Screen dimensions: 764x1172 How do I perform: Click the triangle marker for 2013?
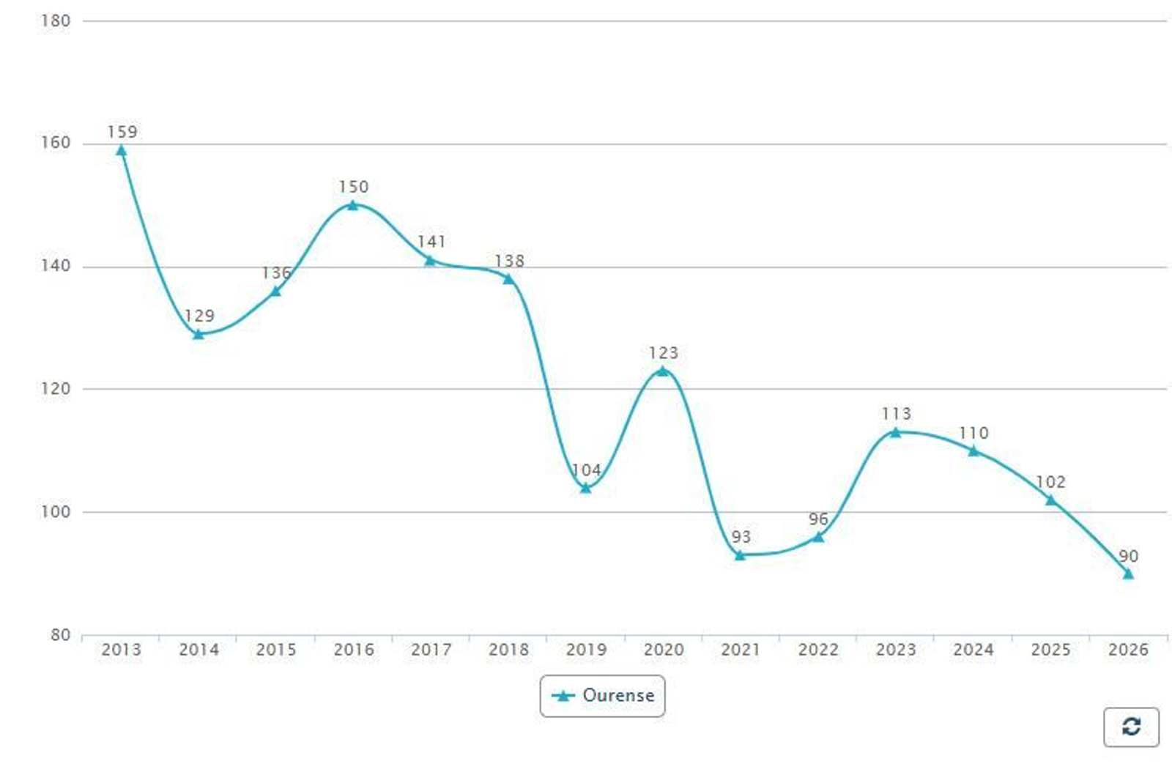pyautogui.click(x=122, y=151)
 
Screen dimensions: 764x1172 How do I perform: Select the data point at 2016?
pyautogui.click(x=353, y=205)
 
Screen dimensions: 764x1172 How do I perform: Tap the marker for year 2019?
pyautogui.click(x=585, y=488)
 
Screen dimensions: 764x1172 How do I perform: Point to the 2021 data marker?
pyautogui.click(x=740, y=555)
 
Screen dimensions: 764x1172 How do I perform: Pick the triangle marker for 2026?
pyautogui.click(x=1128, y=574)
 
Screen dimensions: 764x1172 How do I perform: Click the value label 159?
pyautogui.click(x=122, y=132)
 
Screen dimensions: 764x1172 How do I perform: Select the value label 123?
pyautogui.click(x=663, y=353)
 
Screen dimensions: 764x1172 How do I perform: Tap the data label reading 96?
pyautogui.click(x=818, y=519)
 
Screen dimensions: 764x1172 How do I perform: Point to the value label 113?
pyautogui.click(x=896, y=414)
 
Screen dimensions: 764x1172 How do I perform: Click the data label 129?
pyautogui.click(x=199, y=316)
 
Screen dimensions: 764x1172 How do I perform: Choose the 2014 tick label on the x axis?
pyautogui.click(x=199, y=650)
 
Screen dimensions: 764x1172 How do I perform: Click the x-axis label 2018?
pyautogui.click(x=508, y=650)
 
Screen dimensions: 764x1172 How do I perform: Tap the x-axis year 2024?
pyautogui.click(x=973, y=650)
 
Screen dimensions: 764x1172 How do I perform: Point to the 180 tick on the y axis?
pyautogui.click(x=56, y=21)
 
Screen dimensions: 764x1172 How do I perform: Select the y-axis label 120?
pyautogui.click(x=56, y=389)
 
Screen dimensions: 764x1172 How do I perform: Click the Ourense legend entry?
pyautogui.click(x=603, y=695)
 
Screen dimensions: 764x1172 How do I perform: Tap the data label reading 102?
pyautogui.click(x=1050, y=482)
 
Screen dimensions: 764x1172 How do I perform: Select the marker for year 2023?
pyautogui.click(x=895, y=432)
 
